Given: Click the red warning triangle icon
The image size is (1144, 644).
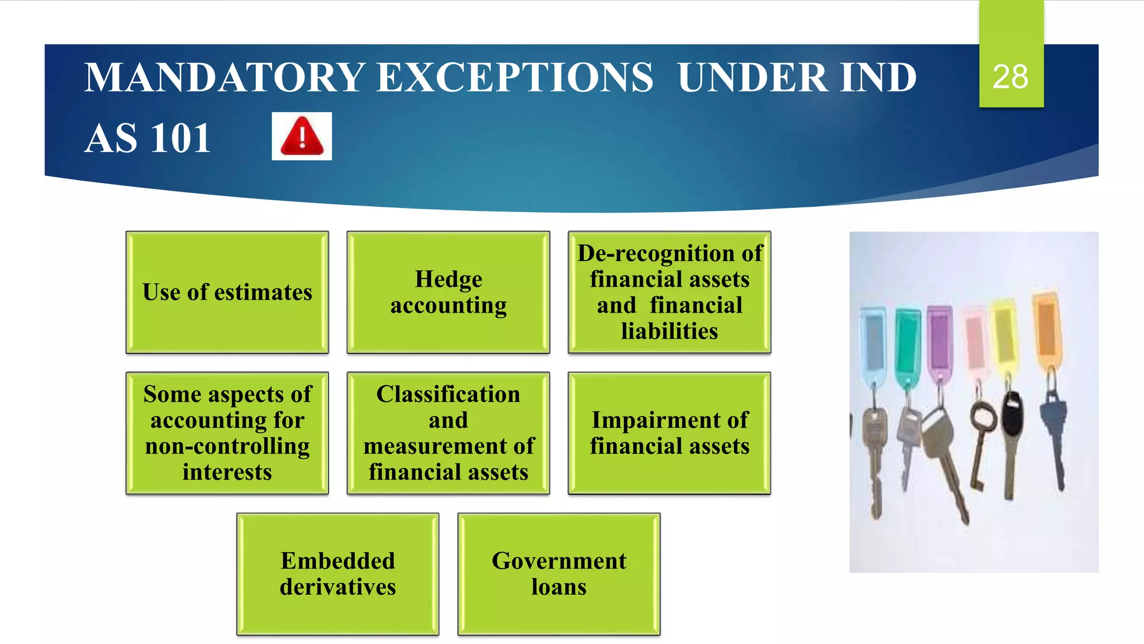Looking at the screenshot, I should pyautogui.click(x=302, y=136).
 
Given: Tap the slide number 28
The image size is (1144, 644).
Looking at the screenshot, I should pyautogui.click(x=1010, y=77).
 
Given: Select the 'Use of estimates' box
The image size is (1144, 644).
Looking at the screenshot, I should pyautogui.click(x=227, y=292).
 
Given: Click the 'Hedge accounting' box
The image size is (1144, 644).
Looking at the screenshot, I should pyautogui.click(x=449, y=292).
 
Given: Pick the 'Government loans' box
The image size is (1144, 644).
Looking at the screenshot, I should pyautogui.click(x=559, y=574).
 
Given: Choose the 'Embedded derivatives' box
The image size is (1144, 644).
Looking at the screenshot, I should pyautogui.click(x=338, y=574).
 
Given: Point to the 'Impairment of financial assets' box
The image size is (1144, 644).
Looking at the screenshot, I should pyautogui.click(x=669, y=433).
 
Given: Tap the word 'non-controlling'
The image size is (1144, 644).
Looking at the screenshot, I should pyautogui.click(x=227, y=447).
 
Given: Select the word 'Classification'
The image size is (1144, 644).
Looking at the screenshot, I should pyautogui.click(x=448, y=394).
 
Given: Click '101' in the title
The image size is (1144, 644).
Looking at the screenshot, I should pyautogui.click(x=180, y=138).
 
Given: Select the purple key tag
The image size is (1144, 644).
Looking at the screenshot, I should pyautogui.click(x=940, y=339).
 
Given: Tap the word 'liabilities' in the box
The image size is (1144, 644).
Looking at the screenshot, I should pyautogui.click(x=669, y=331).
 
